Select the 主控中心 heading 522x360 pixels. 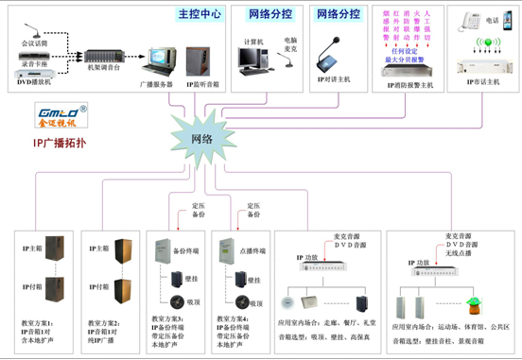click(x=199, y=14)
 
